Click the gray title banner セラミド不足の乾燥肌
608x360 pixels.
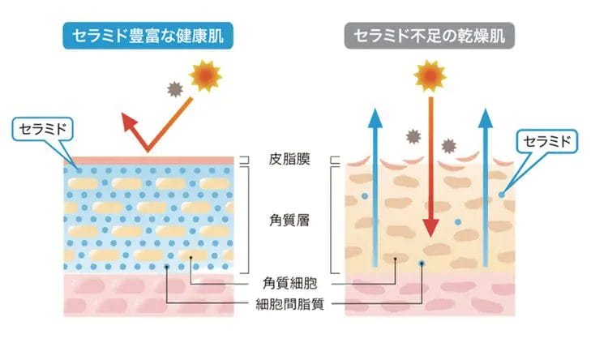point(430,36)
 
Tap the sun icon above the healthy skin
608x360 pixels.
point(206,76)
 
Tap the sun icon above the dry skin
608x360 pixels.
point(430,76)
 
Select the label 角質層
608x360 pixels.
point(290,218)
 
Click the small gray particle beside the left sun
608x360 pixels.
point(173,89)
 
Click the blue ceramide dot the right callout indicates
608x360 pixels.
point(503,194)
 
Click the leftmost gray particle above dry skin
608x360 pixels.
point(413,136)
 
